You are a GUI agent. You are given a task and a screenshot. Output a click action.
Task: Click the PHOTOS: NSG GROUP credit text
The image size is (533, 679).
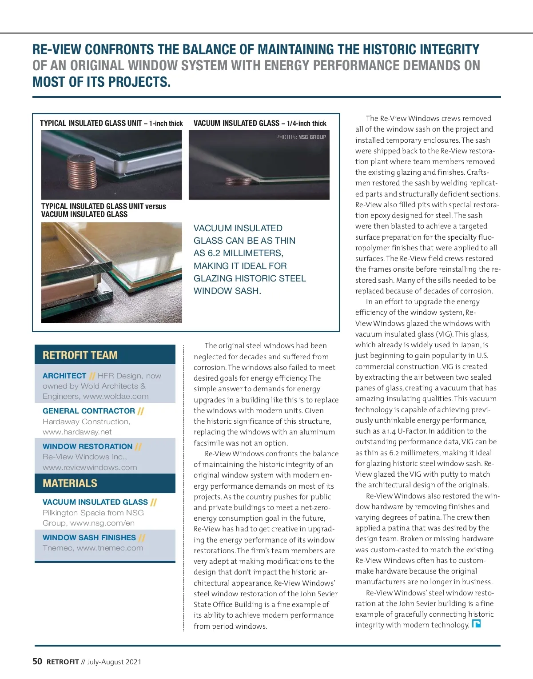click(x=301, y=137)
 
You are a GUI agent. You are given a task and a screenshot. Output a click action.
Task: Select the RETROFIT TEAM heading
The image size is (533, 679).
click(x=80, y=355)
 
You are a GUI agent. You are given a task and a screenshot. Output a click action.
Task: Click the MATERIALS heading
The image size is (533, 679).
click(x=70, y=483)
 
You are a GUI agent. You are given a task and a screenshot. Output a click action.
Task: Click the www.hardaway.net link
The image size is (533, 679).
click(x=77, y=432)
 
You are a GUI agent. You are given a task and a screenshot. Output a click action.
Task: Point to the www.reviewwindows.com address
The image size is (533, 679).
click(x=90, y=467)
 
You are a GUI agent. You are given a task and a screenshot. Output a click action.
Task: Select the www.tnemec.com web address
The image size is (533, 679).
click(x=110, y=548)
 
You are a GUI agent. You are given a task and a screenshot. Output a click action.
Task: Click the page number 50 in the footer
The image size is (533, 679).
click(x=37, y=661)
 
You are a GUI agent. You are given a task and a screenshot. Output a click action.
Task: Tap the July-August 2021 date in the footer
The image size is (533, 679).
click(x=114, y=662)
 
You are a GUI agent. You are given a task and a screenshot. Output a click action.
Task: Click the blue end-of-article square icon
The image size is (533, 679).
click(x=476, y=623)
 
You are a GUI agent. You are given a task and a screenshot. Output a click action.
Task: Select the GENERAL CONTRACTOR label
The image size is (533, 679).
click(x=89, y=411)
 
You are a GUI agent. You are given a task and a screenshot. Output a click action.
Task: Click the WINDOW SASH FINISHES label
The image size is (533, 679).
click(x=89, y=538)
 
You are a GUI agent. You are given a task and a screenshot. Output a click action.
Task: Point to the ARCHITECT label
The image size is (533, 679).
click(x=64, y=376)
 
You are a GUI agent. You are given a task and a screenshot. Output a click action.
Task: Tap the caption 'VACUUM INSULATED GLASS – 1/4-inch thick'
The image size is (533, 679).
click(x=260, y=123)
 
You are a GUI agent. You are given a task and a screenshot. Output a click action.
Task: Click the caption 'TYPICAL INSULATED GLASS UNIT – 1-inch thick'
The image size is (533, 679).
click(x=111, y=123)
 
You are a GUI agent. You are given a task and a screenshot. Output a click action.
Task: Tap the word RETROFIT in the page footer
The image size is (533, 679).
click(x=63, y=662)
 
